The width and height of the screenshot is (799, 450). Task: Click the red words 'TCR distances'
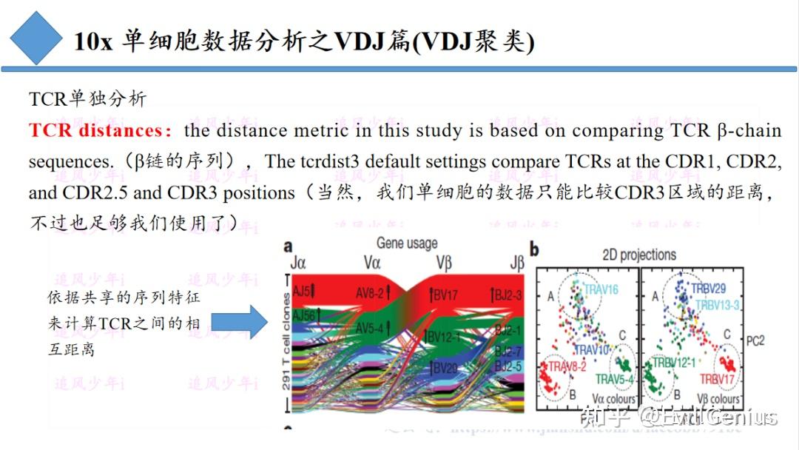pos(94,131)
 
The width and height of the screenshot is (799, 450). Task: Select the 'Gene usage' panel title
pos(407,243)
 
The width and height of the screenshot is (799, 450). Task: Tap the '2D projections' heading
pos(639,255)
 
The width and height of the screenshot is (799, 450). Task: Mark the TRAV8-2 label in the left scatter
pos(569,366)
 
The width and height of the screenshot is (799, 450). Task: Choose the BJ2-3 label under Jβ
pos(508,295)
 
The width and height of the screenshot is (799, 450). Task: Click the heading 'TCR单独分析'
pos(87,99)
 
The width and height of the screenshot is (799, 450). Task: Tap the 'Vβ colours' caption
pos(715,400)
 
